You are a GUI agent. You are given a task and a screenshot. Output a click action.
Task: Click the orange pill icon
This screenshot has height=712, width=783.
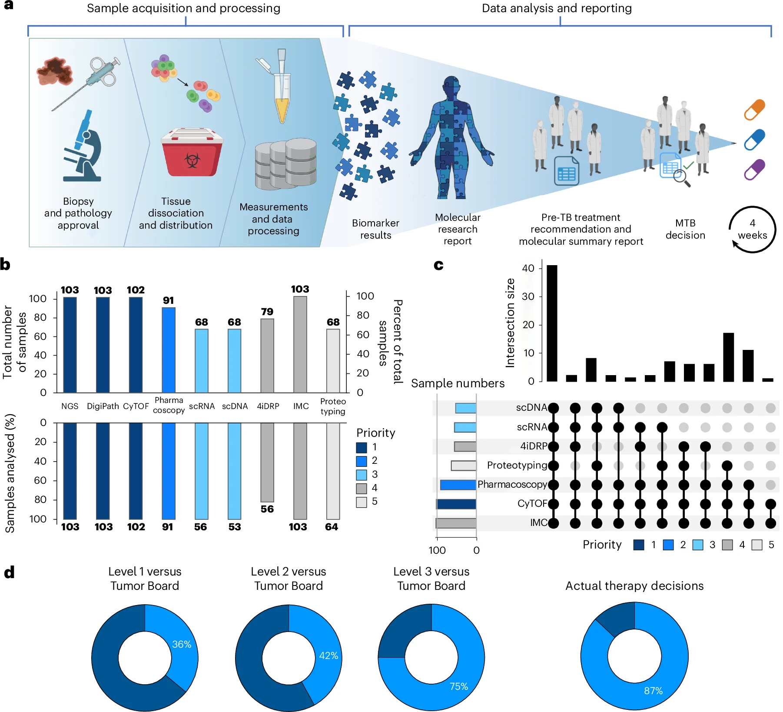tap(754, 110)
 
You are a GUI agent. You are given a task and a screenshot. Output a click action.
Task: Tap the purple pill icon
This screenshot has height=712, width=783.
tap(754, 170)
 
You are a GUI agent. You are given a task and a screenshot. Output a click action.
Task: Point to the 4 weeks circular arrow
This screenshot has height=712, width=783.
tap(752, 230)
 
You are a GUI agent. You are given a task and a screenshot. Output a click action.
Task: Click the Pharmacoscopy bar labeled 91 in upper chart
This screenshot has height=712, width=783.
tap(169, 349)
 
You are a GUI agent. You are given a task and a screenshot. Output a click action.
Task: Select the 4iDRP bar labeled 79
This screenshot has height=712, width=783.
tap(267, 355)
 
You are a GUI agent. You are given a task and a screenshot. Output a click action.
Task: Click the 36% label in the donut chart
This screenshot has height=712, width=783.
tap(182, 644)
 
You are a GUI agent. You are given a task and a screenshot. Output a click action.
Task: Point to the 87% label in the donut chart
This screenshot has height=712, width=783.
tap(653, 691)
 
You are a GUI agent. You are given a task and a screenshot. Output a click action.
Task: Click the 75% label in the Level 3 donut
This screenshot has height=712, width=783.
tap(458, 686)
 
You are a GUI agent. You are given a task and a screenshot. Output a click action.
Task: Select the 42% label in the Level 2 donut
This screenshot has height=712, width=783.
tap(328, 655)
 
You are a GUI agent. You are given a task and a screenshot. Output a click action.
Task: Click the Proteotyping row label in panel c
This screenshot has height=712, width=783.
tap(517, 465)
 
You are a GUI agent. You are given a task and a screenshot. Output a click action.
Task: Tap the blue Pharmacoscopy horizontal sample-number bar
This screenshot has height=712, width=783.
tap(458, 485)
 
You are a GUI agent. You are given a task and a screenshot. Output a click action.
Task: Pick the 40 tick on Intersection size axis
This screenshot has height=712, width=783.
tap(528, 268)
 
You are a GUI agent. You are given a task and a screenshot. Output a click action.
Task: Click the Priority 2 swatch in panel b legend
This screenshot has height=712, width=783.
tap(362, 461)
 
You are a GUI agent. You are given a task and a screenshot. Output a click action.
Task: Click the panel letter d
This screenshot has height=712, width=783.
tap(9, 572)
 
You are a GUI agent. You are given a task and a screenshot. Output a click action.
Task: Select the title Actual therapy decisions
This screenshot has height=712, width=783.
tap(634, 586)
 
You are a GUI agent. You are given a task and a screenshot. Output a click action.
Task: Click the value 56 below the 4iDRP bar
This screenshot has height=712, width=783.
tap(267, 509)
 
